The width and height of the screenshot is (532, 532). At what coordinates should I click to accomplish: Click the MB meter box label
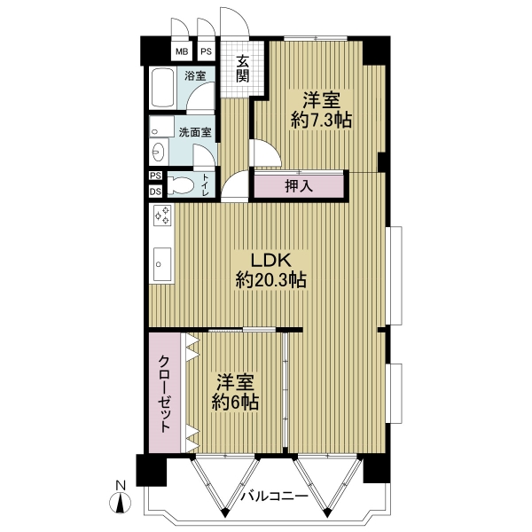click(x=182, y=51)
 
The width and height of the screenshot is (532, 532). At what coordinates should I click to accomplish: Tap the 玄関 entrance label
click(x=243, y=68)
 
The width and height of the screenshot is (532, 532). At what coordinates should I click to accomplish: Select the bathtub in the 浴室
click(x=163, y=88)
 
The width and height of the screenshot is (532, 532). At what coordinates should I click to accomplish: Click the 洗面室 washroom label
click(x=195, y=132)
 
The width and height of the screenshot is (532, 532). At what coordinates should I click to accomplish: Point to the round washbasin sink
click(x=159, y=152)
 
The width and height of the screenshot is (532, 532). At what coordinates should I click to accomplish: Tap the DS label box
click(x=156, y=192)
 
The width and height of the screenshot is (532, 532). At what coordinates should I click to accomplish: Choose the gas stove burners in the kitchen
click(x=162, y=215)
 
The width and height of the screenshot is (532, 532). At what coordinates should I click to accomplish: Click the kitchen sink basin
click(x=162, y=264)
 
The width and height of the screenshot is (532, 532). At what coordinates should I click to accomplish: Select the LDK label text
click(x=270, y=261)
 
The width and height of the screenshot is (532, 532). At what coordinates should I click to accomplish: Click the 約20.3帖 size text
click(x=271, y=280)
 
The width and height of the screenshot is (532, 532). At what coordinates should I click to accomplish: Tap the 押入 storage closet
click(x=299, y=186)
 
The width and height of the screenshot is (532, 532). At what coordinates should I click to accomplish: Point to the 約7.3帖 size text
click(x=321, y=120)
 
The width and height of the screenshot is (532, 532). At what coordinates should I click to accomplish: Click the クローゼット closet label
click(x=165, y=393)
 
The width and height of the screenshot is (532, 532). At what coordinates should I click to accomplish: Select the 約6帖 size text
click(x=236, y=403)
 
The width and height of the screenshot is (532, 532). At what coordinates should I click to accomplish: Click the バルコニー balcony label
click(x=275, y=497)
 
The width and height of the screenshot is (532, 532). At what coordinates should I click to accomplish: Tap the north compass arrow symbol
click(x=120, y=502)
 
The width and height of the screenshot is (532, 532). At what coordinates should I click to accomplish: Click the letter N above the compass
click(x=121, y=486)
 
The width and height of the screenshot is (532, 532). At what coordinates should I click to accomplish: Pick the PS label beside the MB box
click(x=206, y=51)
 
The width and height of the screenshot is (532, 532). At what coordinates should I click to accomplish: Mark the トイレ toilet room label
click(x=206, y=185)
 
